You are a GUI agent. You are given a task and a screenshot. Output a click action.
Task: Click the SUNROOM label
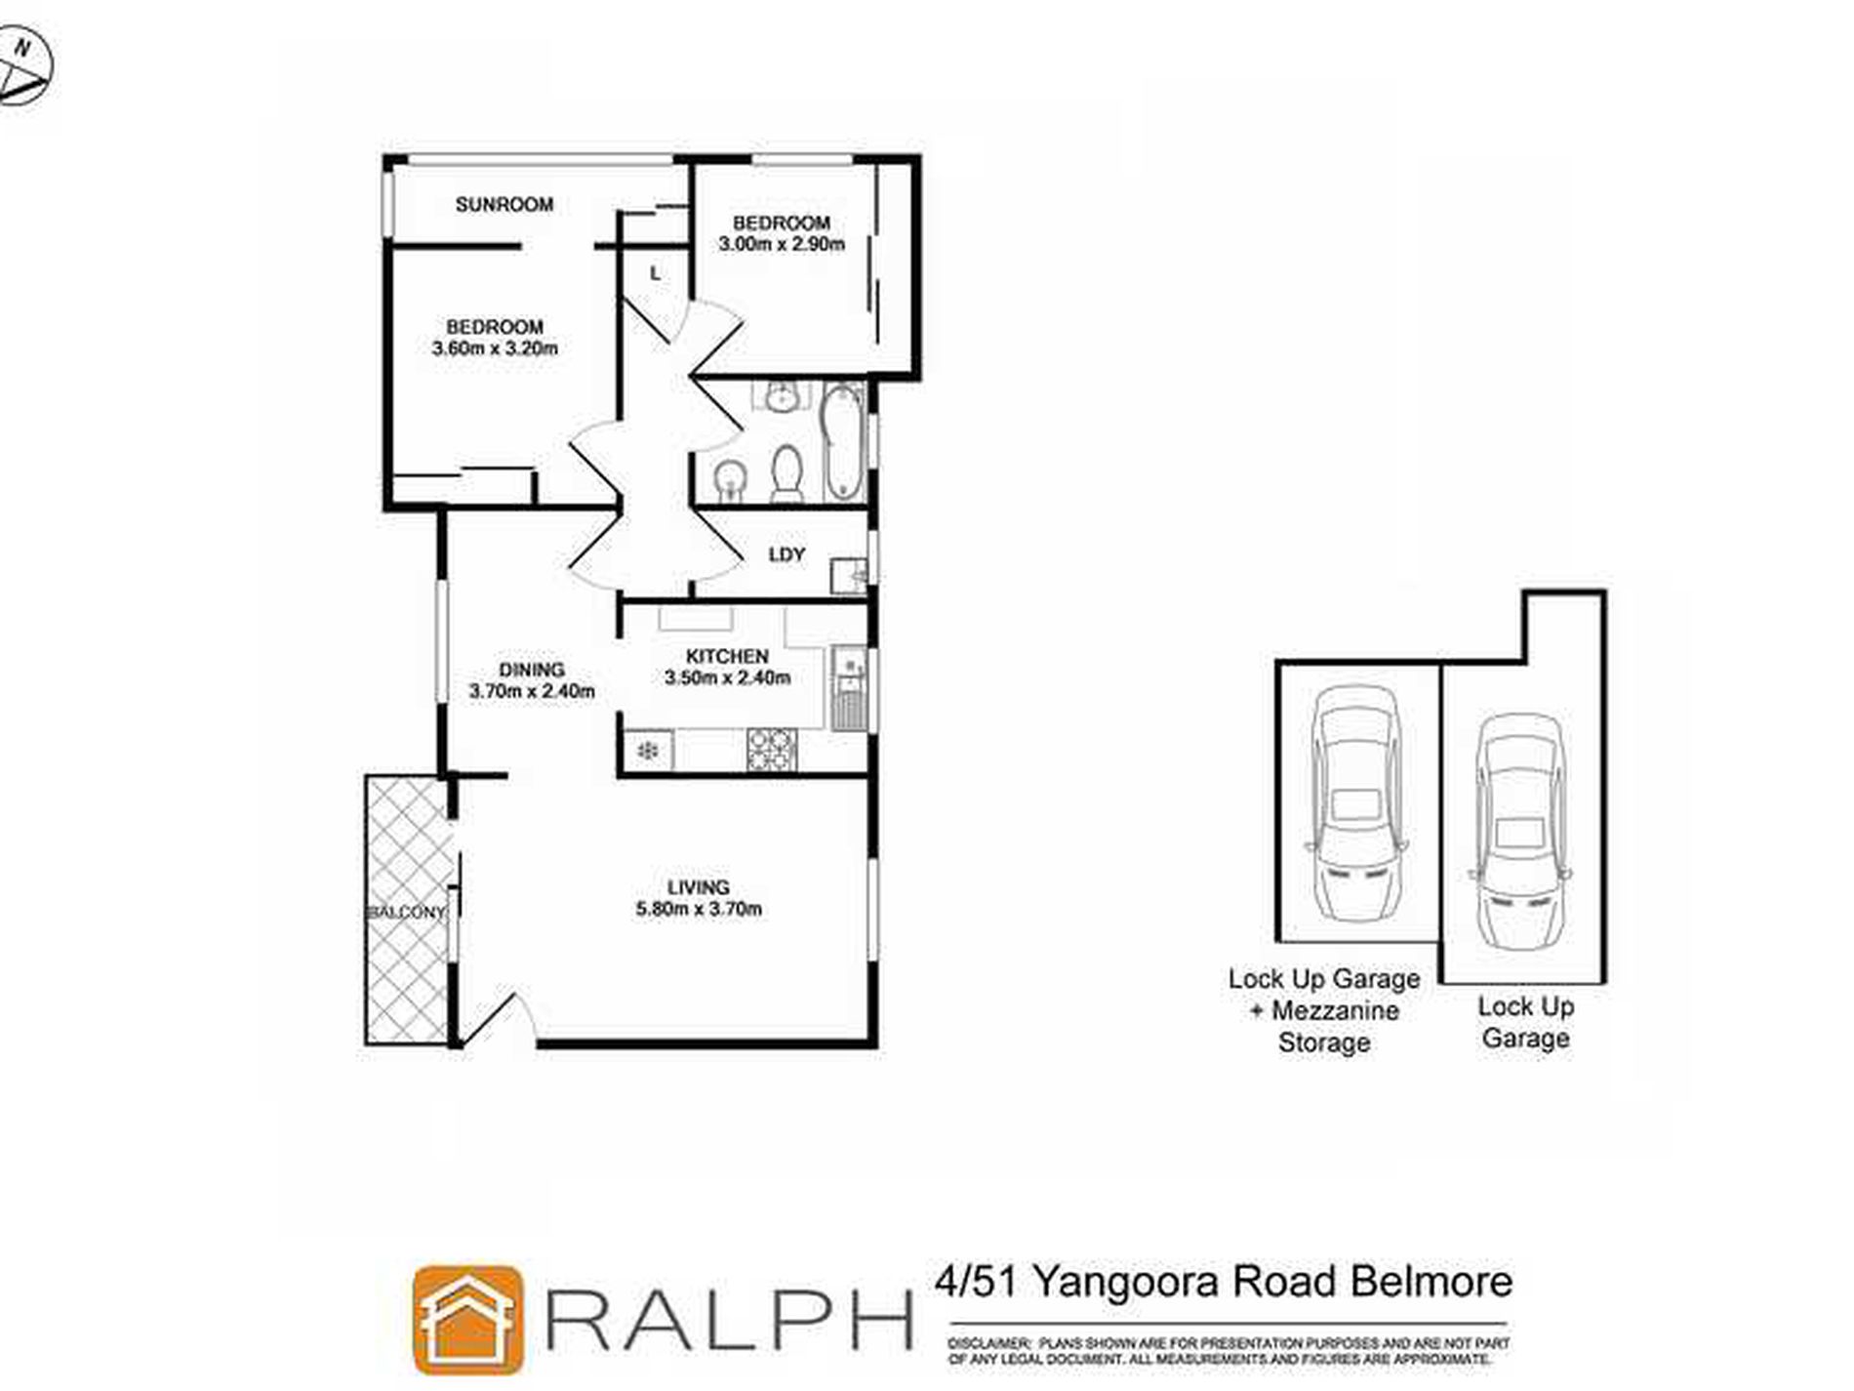[504, 204]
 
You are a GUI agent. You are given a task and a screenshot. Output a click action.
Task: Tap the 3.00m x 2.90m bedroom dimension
[782, 244]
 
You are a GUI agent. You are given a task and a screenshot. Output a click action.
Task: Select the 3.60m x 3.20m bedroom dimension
[495, 348]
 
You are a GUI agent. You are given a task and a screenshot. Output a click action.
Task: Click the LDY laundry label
[786, 554]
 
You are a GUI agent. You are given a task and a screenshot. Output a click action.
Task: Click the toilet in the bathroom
[786, 472]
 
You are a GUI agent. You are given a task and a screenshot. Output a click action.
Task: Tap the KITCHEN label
[727, 656]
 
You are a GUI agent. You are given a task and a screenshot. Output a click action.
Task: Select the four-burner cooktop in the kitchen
[771, 750]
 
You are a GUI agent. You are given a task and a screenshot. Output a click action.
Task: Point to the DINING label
[532, 670]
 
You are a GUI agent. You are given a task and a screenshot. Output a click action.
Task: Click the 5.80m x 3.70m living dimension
[699, 909]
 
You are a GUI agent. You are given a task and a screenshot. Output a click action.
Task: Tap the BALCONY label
[406, 912]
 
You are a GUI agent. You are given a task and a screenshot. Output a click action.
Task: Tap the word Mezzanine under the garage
[1335, 1011]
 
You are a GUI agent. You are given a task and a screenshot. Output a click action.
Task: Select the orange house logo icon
[467, 1319]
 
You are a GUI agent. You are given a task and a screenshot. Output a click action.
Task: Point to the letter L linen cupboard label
[655, 274]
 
